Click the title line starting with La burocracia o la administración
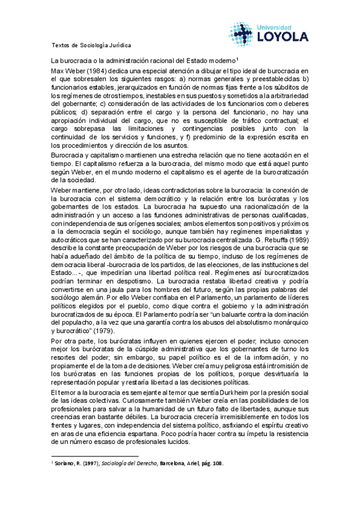pyautogui.click(x=144, y=60)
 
